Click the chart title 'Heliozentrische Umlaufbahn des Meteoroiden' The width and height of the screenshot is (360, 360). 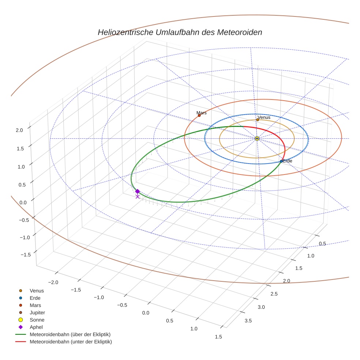180,32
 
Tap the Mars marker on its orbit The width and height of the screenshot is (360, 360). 199,116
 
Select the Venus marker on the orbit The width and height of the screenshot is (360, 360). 258,120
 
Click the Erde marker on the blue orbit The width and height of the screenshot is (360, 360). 281,161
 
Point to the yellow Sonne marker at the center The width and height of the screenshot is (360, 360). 257,138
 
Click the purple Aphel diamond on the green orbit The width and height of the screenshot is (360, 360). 138,191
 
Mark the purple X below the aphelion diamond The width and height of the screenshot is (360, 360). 138,197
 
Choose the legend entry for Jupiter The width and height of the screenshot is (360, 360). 37,313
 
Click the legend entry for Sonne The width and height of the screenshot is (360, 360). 37,320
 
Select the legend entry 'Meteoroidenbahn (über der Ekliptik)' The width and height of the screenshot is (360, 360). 70,335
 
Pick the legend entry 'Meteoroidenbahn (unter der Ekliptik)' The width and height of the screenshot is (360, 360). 71,342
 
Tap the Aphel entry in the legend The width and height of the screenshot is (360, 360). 36,327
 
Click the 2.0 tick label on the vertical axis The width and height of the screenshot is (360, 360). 19,130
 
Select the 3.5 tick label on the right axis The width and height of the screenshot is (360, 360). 248,321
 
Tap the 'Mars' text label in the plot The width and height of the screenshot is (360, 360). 201,113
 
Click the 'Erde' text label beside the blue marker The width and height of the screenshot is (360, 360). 288,161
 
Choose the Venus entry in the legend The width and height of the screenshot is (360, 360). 37,291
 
